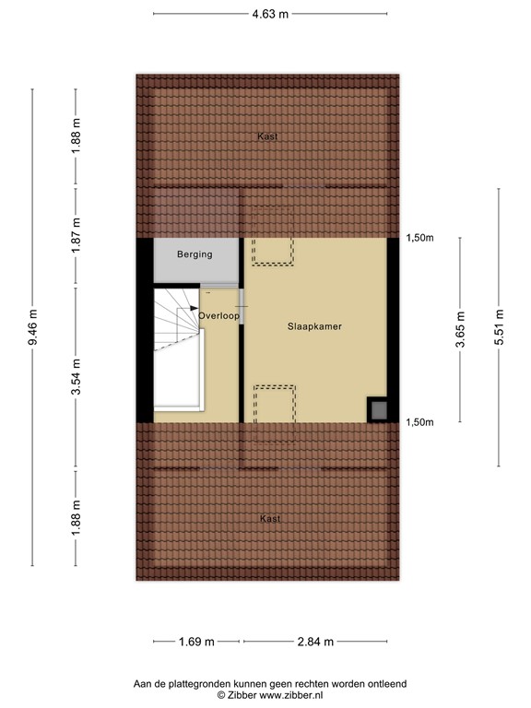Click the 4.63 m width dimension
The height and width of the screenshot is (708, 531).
pos(270,14)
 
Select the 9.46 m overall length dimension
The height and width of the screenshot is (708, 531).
pos(33,327)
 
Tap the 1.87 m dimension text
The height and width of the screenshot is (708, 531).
pos(77,234)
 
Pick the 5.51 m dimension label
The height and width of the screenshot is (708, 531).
pos(499,331)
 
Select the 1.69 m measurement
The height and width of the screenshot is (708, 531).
pos(195,642)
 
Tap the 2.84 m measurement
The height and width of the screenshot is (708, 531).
pos(314,642)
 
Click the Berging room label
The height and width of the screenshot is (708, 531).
pos(195,254)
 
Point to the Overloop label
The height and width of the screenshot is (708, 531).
pos(219,315)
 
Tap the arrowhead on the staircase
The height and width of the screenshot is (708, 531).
pos(195,309)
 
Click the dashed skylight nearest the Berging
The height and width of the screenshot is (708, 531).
pos(273,252)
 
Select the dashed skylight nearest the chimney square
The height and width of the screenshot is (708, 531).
pos(275,403)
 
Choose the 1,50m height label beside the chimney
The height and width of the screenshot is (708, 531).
pos(419,422)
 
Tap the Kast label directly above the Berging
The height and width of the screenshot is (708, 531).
pos(267,136)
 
